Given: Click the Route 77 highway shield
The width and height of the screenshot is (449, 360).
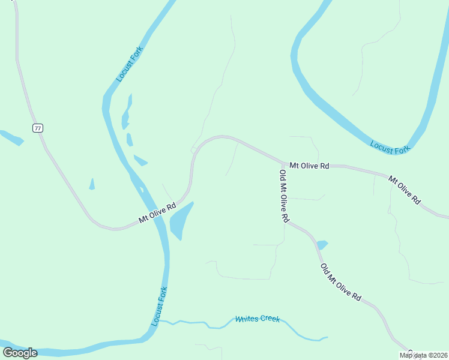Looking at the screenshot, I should click(x=38, y=128).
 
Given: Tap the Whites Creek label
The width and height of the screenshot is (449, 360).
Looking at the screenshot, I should click(x=258, y=319).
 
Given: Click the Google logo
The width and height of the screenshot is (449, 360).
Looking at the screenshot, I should click(x=20, y=353).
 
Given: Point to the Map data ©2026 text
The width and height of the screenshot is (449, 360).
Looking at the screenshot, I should click(x=424, y=355).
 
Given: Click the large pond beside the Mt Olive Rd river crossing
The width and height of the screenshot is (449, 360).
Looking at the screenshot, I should click(x=181, y=220).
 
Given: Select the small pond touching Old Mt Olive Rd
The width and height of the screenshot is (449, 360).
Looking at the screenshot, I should click(x=322, y=244).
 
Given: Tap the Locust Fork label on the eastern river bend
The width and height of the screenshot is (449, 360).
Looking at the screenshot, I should click(x=390, y=147).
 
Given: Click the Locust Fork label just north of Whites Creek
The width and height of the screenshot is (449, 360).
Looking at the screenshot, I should click(x=159, y=305).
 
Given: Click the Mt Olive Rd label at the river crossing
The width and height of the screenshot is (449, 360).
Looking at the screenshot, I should click(x=157, y=212).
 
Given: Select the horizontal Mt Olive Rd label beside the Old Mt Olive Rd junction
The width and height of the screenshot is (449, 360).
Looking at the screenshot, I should click(x=309, y=165).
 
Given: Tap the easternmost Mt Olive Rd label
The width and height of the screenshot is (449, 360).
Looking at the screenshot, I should click(x=404, y=190).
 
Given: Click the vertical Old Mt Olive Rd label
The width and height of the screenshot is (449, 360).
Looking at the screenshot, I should click(x=284, y=196).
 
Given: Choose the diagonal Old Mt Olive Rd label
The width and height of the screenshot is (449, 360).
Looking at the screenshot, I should click(x=340, y=282).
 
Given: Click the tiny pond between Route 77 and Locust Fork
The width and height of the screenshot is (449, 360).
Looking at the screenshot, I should click(x=92, y=184).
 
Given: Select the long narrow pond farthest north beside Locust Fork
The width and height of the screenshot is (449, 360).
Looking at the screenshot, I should click(x=126, y=112).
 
